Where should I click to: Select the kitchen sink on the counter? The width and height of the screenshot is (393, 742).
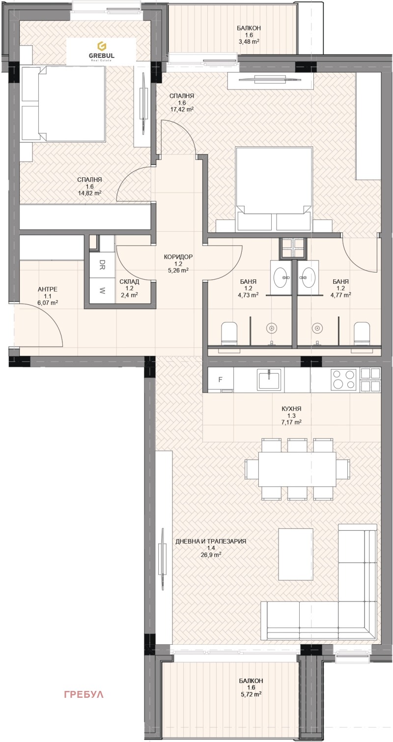tap(270, 379)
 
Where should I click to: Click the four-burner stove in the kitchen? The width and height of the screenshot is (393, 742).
tap(343, 379)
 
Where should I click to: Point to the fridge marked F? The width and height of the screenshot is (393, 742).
tap(221, 380)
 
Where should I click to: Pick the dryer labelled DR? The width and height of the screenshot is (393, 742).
tap(102, 265)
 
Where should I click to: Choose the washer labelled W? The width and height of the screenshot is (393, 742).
tap(102, 290)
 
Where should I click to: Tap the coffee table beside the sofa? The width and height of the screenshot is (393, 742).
tap(296, 554)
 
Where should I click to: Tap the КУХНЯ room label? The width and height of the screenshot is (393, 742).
tap(292, 409)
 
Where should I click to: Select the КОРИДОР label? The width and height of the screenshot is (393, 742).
tap(178, 257)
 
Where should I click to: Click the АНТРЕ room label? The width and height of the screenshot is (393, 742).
tap(47, 290)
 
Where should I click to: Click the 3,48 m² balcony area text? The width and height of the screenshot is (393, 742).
tap(249, 41)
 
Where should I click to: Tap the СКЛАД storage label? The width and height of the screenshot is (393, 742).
tap(129, 281)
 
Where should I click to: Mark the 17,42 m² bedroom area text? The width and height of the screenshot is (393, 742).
tap(182, 110)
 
